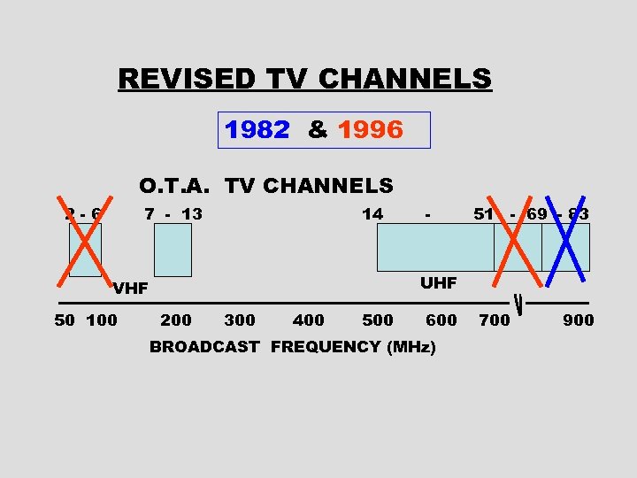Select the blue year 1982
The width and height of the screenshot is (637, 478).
pos(257,131)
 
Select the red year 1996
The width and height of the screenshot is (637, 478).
pos(370,131)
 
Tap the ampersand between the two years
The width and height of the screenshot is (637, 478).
pos(317,131)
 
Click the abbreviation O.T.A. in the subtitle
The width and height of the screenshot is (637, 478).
pos(177,186)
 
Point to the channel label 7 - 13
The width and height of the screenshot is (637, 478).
pos(173,214)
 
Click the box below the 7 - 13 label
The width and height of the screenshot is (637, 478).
pos(173,250)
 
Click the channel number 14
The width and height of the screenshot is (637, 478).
pos(372,214)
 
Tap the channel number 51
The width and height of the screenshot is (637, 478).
pos(483,214)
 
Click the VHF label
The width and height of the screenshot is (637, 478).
pos(130,289)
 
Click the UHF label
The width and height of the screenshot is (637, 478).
pos(438,283)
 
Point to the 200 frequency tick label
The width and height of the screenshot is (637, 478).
pos(175,320)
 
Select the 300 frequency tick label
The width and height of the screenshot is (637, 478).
pos(240,320)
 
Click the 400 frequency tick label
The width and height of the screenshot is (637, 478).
pos(308,320)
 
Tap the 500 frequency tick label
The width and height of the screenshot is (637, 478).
pos(378,320)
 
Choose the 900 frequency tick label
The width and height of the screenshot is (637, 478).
pos(578,320)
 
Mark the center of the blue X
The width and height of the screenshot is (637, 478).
pos(566,240)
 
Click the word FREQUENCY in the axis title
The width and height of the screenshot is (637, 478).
pos(326,347)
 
